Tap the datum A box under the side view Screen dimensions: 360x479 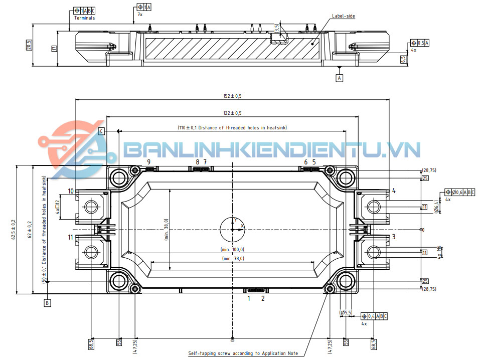click(x=340, y=78)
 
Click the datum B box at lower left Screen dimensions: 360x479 click(x=47, y=303)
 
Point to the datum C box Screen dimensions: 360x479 click(x=101, y=131)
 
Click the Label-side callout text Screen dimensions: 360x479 click(x=343, y=16)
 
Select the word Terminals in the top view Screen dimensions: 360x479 click(x=84, y=18)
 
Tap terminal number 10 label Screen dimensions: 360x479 click(x=71, y=191)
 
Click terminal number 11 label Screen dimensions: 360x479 click(x=71, y=237)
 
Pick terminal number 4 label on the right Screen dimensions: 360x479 click(x=394, y=191)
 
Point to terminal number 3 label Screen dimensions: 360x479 click(x=394, y=237)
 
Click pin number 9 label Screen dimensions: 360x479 click(x=148, y=162)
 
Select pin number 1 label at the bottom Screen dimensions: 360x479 click(x=248, y=298)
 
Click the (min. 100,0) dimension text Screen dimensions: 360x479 click(x=232, y=249)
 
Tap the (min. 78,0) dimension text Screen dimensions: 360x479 click(x=232, y=258)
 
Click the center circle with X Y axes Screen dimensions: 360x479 click(x=233, y=230)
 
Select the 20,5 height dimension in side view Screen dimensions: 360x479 click(x=30, y=45)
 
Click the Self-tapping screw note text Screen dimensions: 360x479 click(x=243, y=353)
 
